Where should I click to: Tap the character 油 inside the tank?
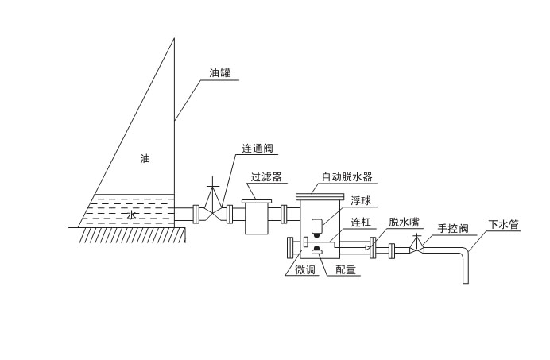(x=145, y=159)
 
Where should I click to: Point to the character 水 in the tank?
(x=132, y=215)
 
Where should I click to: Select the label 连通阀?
(x=259, y=148)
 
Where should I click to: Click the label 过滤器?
(x=265, y=176)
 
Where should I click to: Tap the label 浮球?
(x=361, y=201)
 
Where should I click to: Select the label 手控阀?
(x=453, y=229)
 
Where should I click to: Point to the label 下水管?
(x=504, y=225)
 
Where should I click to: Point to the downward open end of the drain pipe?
(x=465, y=281)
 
